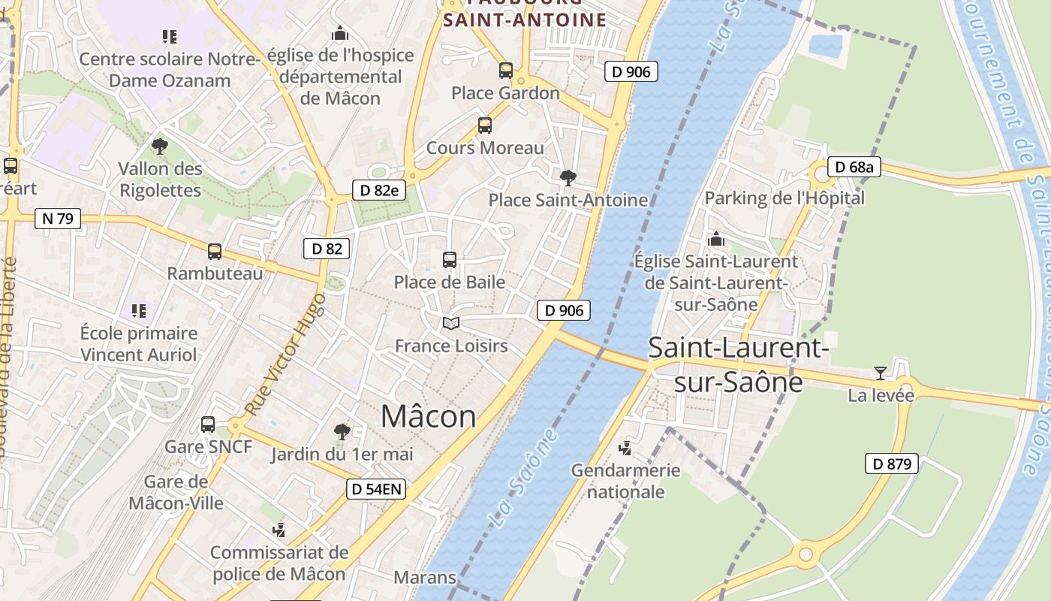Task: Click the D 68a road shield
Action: coord(854,167)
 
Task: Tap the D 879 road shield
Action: coord(892,464)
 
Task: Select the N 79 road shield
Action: coord(58,219)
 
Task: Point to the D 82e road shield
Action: coord(379,190)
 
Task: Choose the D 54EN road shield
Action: coord(377,490)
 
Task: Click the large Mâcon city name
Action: coord(429,416)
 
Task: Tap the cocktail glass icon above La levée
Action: coord(880,373)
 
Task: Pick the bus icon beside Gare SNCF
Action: coord(208,424)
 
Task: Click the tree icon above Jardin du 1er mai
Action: coord(342,431)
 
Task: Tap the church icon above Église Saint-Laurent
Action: coord(716,239)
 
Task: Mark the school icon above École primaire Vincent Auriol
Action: coord(138,310)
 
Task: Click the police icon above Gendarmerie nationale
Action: coord(625,448)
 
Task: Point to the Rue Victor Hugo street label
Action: coord(286,355)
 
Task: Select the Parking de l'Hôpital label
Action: coord(784,198)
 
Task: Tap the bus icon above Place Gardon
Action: coord(506,71)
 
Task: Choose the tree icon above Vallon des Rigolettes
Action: coord(159,146)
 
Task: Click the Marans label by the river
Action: coord(425,577)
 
